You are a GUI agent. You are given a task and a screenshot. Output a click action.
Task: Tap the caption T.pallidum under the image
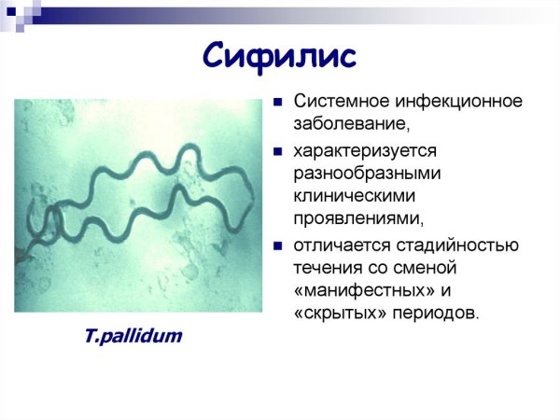(133, 336)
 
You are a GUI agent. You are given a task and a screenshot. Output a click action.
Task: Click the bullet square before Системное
(277, 101)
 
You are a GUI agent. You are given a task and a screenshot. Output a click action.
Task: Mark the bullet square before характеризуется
(277, 149)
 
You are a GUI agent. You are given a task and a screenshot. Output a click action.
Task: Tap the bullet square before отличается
(277, 246)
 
